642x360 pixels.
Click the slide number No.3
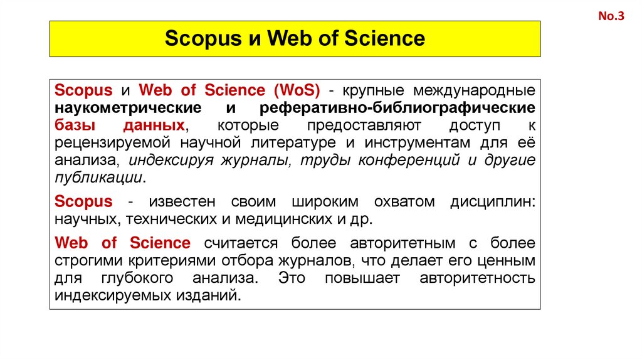click(611, 17)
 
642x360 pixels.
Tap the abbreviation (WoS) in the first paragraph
click(296, 90)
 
